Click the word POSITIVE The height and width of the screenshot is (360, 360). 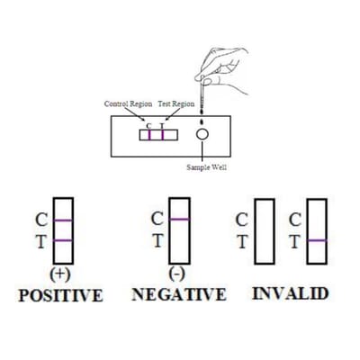point(60,295)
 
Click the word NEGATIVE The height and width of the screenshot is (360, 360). point(179,294)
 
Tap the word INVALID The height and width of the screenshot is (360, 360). point(290,293)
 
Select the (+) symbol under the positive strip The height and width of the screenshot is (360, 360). point(60,274)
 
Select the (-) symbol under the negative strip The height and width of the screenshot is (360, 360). point(176,274)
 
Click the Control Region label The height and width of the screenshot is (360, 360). point(128,104)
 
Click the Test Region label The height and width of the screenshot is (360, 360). point(176,104)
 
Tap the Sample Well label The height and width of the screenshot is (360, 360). point(207,167)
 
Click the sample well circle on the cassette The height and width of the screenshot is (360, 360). point(202,134)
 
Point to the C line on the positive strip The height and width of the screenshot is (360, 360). point(63,220)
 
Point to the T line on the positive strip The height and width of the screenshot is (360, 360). point(63,240)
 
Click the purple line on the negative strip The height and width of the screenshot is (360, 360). point(179,219)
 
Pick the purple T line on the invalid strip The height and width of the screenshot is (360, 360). point(317,240)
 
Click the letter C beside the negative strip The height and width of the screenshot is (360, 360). point(157,219)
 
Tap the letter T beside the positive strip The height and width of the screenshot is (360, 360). point(41,241)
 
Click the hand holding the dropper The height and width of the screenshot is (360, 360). point(223,69)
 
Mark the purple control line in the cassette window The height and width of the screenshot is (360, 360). point(149,135)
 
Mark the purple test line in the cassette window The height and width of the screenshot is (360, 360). point(163,135)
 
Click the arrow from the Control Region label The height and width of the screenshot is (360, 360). point(135,114)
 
